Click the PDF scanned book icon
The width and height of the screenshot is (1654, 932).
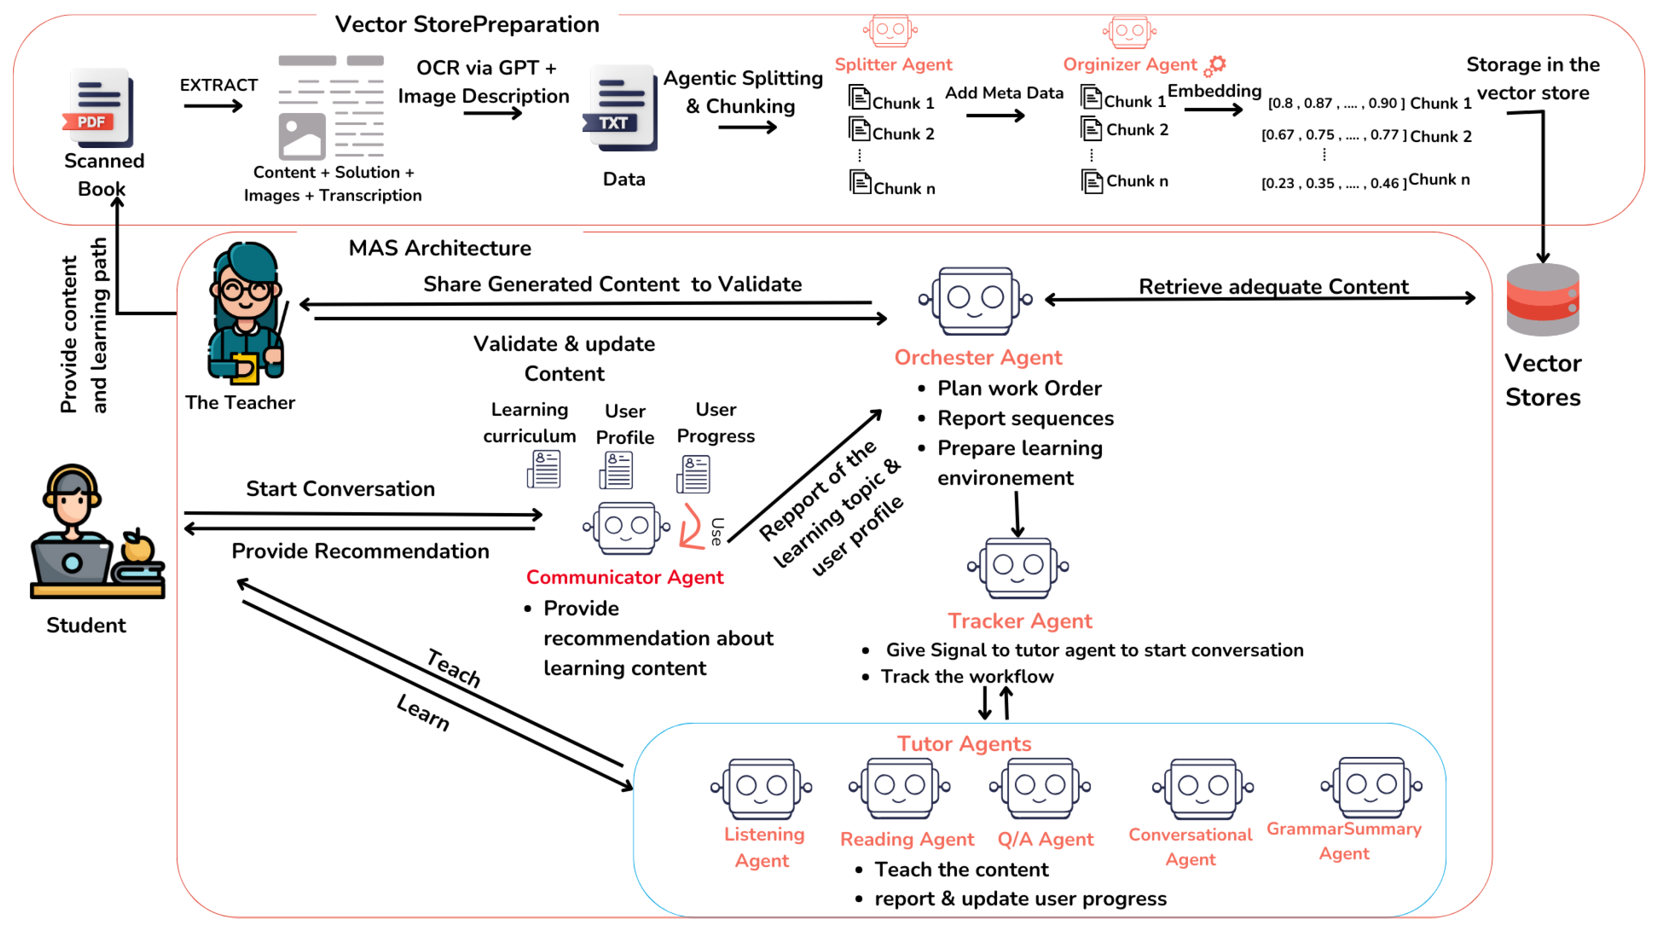(x=99, y=108)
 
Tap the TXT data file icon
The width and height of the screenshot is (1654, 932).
(x=620, y=108)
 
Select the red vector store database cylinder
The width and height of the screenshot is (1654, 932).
(x=1542, y=300)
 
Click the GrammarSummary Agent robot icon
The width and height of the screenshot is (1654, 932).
(x=1371, y=787)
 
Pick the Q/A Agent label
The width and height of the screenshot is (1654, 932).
(x=1045, y=839)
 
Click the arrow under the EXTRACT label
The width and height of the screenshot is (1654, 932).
(x=213, y=105)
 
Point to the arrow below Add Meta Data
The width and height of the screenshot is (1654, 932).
(x=995, y=115)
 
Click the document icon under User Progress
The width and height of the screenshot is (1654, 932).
(x=693, y=473)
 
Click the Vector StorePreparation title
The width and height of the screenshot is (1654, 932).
(x=467, y=24)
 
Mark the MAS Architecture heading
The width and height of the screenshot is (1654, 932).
(x=440, y=248)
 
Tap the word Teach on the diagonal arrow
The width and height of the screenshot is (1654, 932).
(x=453, y=667)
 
